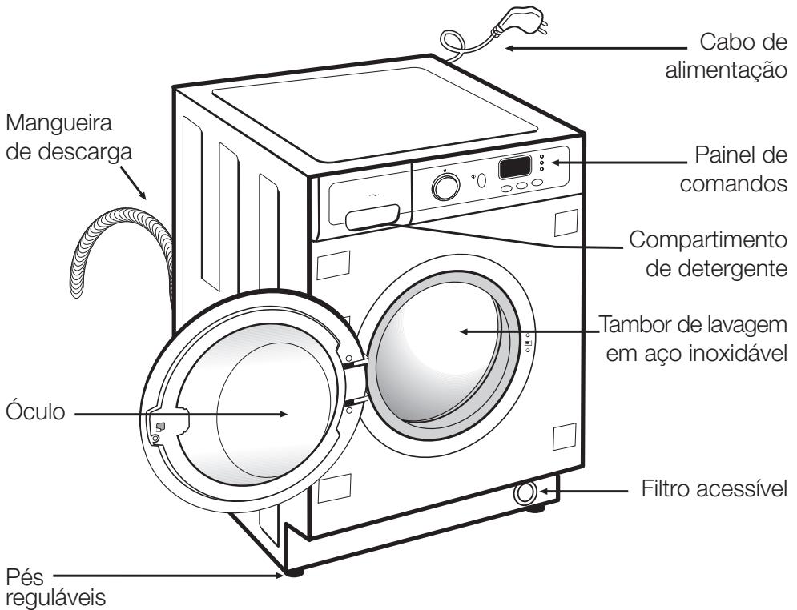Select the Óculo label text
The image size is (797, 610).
tap(38, 414)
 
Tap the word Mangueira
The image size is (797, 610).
tap(59, 126)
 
